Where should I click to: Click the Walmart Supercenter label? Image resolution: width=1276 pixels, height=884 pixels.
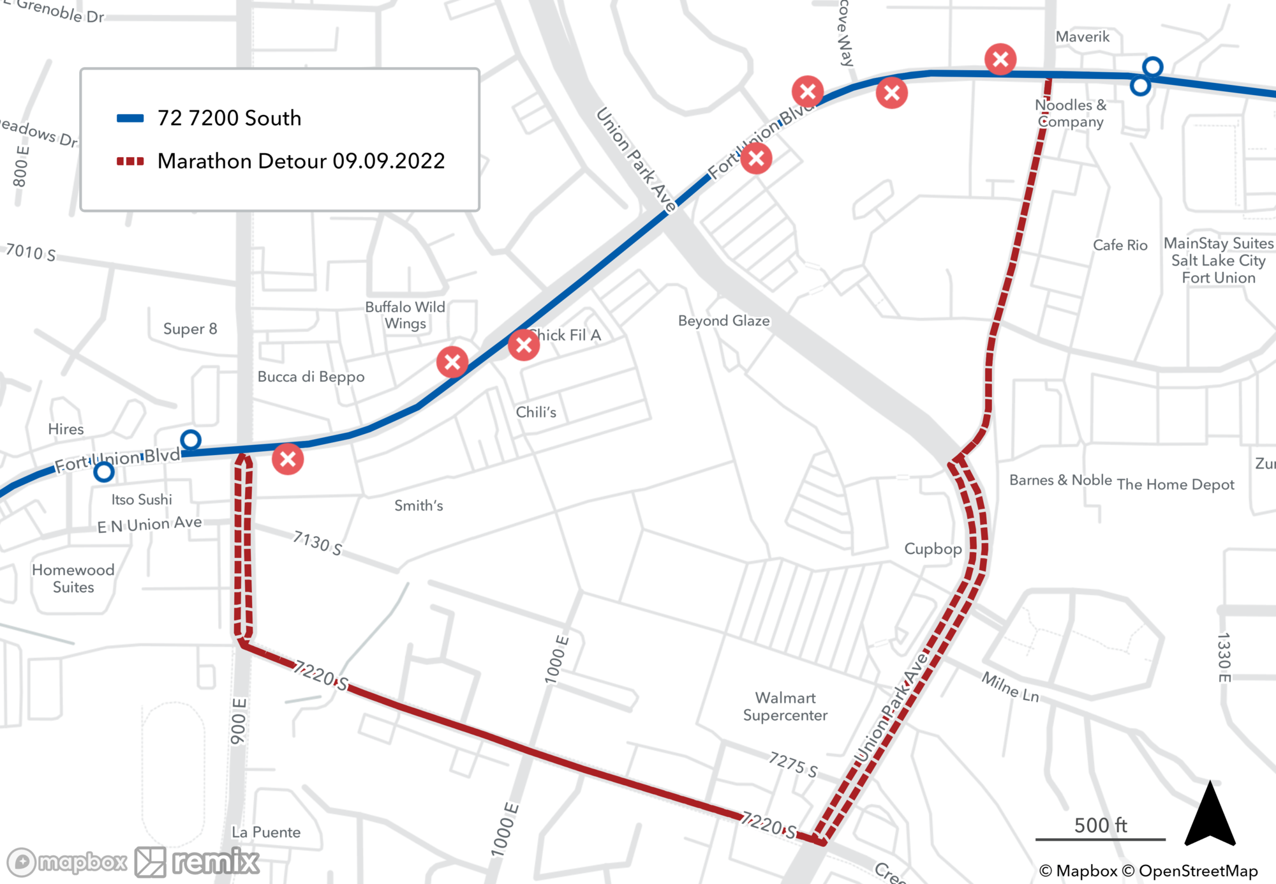785,707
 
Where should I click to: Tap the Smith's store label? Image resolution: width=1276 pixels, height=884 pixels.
419,506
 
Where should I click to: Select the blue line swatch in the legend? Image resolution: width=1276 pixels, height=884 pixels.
130,118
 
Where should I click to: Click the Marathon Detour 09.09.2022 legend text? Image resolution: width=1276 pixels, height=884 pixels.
301,161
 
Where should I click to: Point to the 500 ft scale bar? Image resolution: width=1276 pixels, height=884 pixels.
1100,839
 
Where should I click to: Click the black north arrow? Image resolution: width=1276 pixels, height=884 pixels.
1210,816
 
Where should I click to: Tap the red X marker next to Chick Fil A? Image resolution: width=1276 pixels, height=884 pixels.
524,345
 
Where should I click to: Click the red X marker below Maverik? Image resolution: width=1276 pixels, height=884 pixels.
1000,59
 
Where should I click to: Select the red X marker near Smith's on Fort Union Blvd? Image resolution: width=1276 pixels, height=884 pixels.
288,459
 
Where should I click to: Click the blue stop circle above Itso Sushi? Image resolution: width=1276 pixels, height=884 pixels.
104,472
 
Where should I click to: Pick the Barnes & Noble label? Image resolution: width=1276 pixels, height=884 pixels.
1060,480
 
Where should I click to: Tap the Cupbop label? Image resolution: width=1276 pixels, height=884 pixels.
933,549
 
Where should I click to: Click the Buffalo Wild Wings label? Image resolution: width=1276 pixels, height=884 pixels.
405,315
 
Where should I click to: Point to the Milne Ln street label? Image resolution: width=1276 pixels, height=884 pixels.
1010,687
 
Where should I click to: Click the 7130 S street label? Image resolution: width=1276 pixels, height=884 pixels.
317,543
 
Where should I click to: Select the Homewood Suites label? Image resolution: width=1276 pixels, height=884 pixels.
73,578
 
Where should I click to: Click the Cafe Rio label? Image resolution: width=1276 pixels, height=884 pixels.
1120,245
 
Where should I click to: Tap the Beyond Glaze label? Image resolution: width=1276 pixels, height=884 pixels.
723,320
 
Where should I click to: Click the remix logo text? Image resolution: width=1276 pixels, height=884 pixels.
216,862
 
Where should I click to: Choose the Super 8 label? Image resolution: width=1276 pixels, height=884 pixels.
190,329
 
